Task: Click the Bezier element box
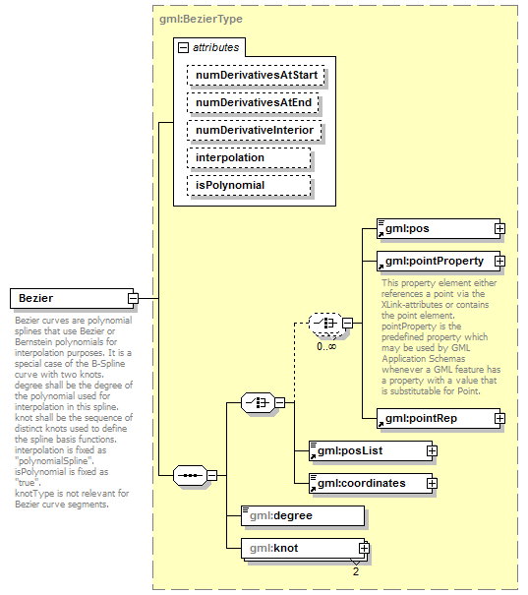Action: coord(68,298)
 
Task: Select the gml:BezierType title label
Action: coord(202,19)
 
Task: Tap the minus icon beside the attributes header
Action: coord(182,46)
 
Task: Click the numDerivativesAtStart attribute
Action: coord(256,74)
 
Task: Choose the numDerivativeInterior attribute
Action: coord(256,130)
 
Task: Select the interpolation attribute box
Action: coord(249,157)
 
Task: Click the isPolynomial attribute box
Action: coord(249,185)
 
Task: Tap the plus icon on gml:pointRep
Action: coord(499,418)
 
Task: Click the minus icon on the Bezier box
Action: coord(132,298)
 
